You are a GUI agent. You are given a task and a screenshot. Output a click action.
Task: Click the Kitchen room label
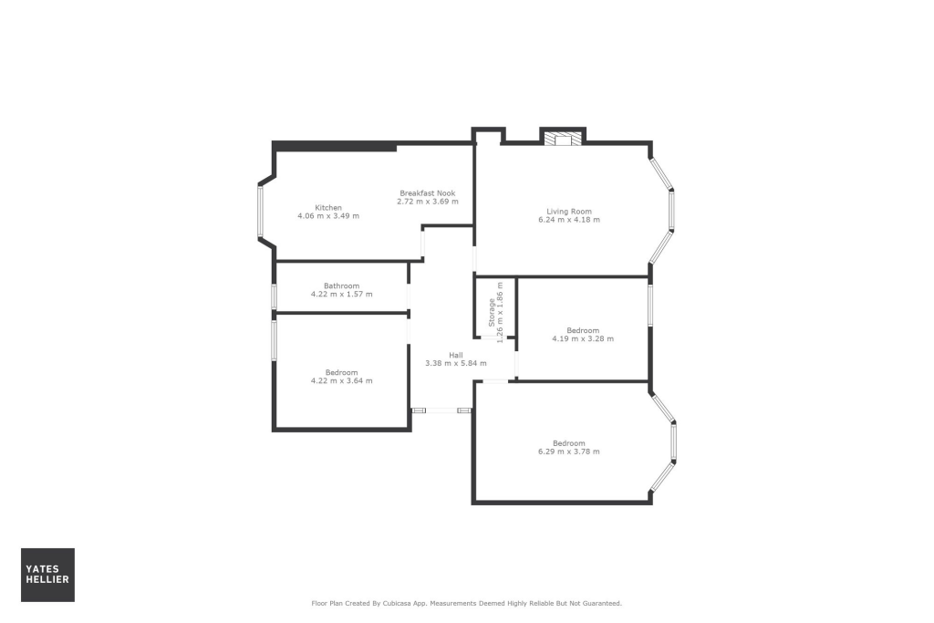coord(328,207)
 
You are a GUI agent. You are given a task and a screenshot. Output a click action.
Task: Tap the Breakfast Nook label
coord(427,192)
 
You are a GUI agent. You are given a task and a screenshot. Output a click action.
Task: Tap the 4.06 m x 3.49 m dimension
coord(328,216)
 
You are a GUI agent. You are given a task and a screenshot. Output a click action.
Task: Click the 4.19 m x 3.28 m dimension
coord(582,338)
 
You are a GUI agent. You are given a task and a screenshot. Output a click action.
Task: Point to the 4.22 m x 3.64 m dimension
coord(341,380)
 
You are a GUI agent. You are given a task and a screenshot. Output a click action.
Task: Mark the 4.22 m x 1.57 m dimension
coord(341,294)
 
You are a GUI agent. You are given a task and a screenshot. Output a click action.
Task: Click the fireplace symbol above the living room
coord(562,139)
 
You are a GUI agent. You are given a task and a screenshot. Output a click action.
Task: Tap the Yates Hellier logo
coord(47,575)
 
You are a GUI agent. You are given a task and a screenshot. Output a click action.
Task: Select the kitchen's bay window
coord(260,213)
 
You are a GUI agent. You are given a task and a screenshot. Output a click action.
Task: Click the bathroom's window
coord(274,296)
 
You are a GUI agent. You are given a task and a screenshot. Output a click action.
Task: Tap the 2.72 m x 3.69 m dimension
coord(427,202)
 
